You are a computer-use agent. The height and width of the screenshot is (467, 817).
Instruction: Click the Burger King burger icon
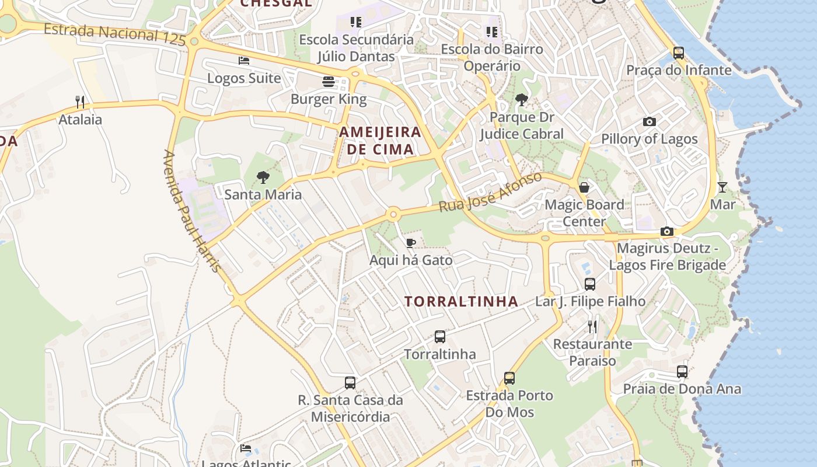pyautogui.click(x=329, y=82)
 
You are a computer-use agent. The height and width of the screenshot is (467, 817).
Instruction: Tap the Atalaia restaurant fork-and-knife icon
pyautogui.click(x=80, y=102)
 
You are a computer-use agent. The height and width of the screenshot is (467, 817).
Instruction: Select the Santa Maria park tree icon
pyautogui.click(x=263, y=177)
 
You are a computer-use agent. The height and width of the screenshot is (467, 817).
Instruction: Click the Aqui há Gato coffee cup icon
pyautogui.click(x=411, y=243)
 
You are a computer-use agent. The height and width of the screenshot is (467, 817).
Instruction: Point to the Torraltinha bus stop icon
pyautogui.click(x=440, y=337)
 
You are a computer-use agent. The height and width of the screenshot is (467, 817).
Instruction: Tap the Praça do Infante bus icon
pyautogui.click(x=679, y=53)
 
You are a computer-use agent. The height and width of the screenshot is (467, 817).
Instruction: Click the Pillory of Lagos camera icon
pyautogui.click(x=649, y=122)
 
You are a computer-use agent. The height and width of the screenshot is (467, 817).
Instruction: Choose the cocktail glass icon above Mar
pyautogui.click(x=722, y=187)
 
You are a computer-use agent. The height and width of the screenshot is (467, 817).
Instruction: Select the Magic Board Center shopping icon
pyautogui.click(x=584, y=187)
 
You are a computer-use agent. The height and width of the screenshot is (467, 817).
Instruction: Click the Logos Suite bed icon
pyautogui.click(x=244, y=61)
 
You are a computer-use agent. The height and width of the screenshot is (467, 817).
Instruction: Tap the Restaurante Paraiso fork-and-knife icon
pyautogui.click(x=592, y=327)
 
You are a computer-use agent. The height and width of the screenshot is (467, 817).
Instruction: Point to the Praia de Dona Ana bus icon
pyautogui.click(x=682, y=371)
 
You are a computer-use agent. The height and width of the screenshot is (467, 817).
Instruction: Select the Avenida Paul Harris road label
pyautogui.click(x=192, y=211)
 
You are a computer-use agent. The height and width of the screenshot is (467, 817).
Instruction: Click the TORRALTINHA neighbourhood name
pyautogui.click(x=462, y=301)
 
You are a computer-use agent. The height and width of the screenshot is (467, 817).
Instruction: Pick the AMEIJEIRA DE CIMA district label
pyautogui.click(x=380, y=140)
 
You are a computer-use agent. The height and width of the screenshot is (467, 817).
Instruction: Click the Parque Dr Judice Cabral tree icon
pyautogui.click(x=521, y=100)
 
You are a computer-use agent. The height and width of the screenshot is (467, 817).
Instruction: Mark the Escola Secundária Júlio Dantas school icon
pyautogui.click(x=356, y=22)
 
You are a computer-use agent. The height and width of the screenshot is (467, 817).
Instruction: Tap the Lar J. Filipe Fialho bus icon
pyautogui.click(x=590, y=284)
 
